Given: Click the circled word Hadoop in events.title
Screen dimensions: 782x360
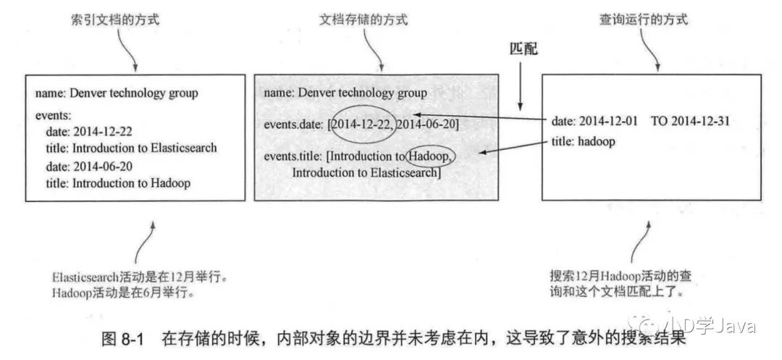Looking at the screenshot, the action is point(431,155).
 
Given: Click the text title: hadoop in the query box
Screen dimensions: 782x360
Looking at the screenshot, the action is point(582,142).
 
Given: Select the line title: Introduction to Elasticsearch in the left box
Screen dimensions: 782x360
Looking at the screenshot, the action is point(131,148).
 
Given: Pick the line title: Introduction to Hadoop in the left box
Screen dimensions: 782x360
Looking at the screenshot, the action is point(118,183).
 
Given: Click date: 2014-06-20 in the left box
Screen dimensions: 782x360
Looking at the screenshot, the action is point(91,166).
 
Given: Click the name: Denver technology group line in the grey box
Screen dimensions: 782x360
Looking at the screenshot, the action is point(345,93).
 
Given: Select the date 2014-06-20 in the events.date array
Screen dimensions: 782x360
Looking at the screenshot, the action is point(427,124).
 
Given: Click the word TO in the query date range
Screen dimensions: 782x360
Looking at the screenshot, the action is point(660,122).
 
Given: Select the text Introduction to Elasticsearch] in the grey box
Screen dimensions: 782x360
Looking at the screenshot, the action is point(366,172).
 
